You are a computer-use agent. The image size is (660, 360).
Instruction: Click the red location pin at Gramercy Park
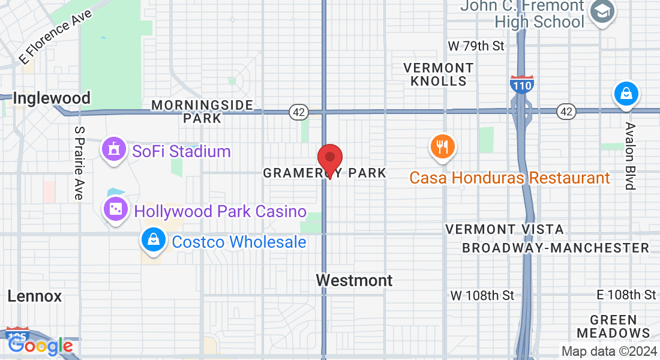[x=329, y=159]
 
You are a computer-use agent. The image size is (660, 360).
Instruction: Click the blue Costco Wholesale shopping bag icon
[x=154, y=240]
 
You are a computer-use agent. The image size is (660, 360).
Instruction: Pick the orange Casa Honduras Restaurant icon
[x=443, y=146]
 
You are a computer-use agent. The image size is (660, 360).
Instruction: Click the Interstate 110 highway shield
[x=521, y=86]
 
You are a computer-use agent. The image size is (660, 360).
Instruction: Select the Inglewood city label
[x=52, y=98]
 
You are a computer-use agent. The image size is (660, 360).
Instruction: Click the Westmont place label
[x=355, y=280]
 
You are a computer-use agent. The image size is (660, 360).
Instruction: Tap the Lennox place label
[x=35, y=296]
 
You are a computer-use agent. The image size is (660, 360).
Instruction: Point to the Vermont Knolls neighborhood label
[x=439, y=74]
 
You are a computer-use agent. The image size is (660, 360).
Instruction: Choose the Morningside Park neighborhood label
[x=202, y=112]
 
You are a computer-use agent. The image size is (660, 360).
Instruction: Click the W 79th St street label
[x=477, y=46]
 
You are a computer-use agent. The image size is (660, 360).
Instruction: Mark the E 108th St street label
[x=626, y=295]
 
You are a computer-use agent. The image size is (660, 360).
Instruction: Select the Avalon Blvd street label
[x=629, y=156]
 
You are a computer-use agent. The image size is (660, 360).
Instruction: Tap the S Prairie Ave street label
[x=79, y=163]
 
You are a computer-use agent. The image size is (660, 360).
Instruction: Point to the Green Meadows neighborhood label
[x=613, y=326]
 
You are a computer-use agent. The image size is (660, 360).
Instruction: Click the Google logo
[x=41, y=346]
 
